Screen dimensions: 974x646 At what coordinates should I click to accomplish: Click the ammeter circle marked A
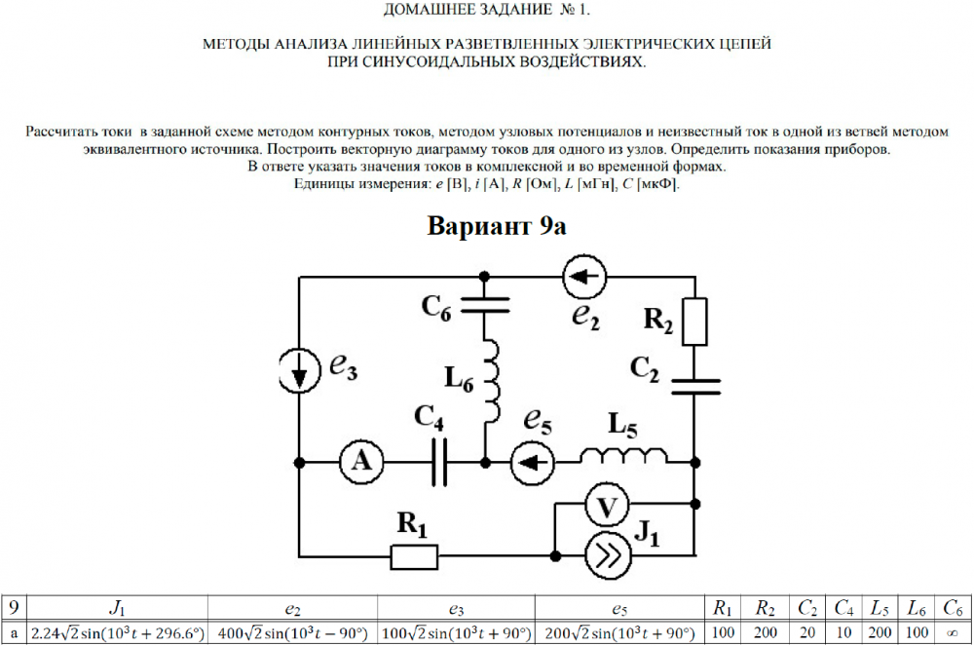tap(361, 462)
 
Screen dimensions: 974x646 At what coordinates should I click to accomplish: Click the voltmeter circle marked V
tap(607, 506)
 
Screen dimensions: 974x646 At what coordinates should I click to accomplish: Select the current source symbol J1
tap(607, 555)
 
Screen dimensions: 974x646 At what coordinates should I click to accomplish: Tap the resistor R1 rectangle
tap(413, 556)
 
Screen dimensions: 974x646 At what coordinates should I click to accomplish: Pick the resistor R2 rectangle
tap(694, 322)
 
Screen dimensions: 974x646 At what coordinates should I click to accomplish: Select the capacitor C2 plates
tap(694, 388)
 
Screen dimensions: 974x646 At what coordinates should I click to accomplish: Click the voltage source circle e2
tap(583, 280)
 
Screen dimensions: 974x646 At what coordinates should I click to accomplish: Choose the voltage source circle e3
tap(298, 366)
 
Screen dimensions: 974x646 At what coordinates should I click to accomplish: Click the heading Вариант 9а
tap(497, 225)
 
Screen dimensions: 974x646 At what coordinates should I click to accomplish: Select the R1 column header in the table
tap(722, 609)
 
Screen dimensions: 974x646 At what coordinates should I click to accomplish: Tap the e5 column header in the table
tap(618, 609)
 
